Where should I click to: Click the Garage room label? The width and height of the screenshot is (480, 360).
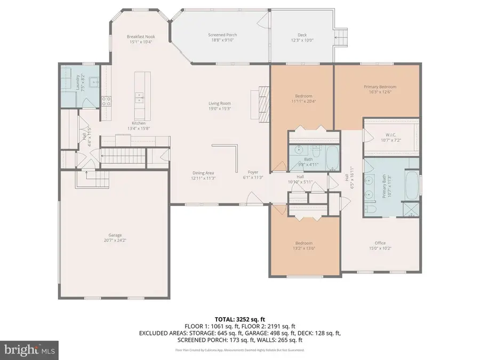pyautogui.click(x=115, y=235)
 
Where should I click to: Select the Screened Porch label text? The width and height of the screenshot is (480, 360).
pyautogui.click(x=222, y=35)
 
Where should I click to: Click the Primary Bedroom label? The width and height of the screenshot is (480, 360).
pyautogui.click(x=380, y=87)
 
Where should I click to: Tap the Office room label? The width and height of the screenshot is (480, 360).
pyautogui.click(x=380, y=243)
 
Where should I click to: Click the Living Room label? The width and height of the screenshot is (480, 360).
pyautogui.click(x=219, y=103)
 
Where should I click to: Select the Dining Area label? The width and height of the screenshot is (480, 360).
pyautogui.click(x=204, y=172)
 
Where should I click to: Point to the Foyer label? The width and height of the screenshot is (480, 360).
pyautogui.click(x=253, y=172)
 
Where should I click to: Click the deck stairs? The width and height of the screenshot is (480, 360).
pyautogui.click(x=342, y=36)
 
